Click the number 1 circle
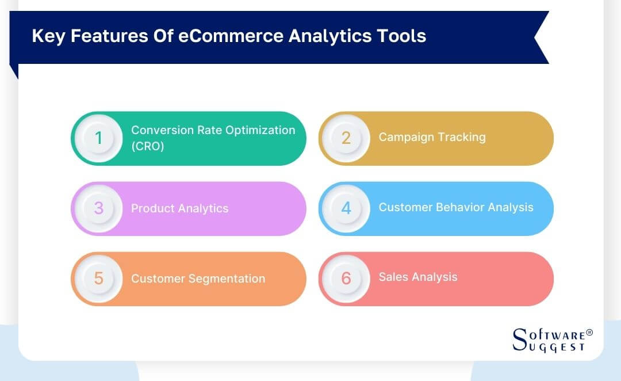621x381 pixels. tap(98, 138)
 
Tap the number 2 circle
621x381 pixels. tap(346, 138)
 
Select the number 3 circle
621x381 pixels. tap(98, 208)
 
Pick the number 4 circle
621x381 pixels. tap(346, 208)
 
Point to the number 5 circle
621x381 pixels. tap(98, 279)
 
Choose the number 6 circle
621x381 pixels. tap(346, 279)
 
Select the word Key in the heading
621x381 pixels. tap(46, 36)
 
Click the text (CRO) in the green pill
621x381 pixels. tap(148, 146)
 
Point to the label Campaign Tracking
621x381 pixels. tap(432, 137)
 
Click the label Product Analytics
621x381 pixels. tap(179, 208)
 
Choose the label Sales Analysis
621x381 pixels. tap(418, 277)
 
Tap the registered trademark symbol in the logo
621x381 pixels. tap(589, 333)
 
